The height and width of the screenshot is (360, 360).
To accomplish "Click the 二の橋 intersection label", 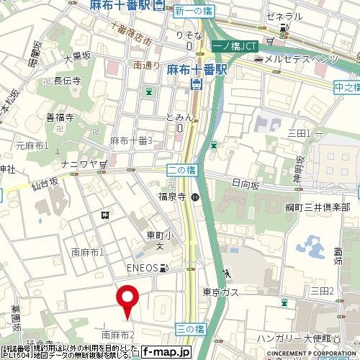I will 181,171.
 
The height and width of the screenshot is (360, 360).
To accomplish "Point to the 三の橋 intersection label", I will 190,328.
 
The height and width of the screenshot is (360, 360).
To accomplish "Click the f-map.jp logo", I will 166,352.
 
